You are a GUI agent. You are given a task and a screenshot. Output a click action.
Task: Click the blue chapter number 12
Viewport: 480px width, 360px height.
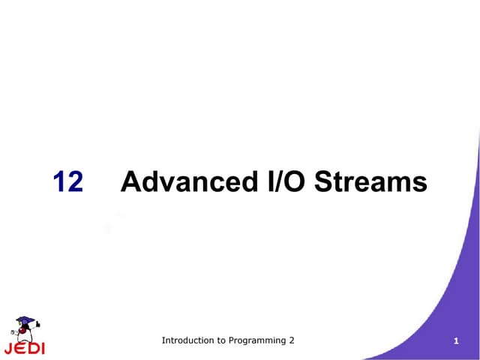point(68,182)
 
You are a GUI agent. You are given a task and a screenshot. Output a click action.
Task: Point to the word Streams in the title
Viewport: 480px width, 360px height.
point(371,182)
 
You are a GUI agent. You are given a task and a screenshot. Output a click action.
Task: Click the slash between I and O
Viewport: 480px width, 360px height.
point(280,182)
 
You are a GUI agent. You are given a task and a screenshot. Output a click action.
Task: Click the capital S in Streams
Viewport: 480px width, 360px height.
point(324,182)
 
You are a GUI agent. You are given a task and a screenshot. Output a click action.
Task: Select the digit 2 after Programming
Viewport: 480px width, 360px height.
point(292,340)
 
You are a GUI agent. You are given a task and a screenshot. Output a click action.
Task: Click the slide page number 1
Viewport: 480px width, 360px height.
point(456,343)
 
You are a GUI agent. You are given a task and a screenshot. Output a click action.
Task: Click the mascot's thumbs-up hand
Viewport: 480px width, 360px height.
point(38,325)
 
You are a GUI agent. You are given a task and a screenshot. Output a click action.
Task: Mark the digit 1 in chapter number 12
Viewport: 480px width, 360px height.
point(60,182)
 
